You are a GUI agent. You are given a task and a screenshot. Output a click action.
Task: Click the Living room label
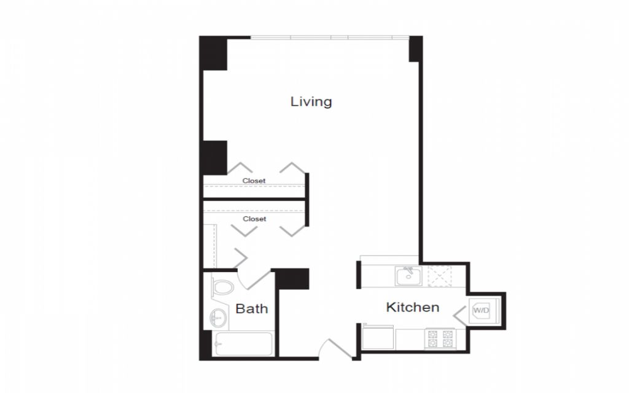click(311, 102)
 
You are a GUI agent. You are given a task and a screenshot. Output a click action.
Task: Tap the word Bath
click(251, 308)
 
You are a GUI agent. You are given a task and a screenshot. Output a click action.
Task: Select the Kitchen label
click(412, 307)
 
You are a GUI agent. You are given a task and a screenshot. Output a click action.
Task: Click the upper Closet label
click(254, 181)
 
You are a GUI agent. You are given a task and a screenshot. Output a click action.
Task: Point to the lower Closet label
click(254, 219)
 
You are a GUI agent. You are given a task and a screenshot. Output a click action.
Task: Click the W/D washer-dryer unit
click(483, 310)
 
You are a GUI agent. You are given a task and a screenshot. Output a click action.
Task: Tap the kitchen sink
click(408, 276)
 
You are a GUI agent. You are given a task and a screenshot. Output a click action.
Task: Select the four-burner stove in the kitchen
click(440, 339)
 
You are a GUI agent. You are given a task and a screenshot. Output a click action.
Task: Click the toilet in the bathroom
click(222, 287)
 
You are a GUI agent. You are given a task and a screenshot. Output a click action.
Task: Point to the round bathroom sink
click(218, 318)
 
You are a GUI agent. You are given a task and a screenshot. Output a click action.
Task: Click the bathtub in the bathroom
click(243, 344)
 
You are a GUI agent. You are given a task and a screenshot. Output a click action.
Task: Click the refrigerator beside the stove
click(378, 337)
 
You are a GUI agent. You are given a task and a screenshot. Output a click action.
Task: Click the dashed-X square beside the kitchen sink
click(440, 276)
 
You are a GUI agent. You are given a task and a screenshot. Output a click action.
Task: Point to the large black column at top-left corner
click(214, 53)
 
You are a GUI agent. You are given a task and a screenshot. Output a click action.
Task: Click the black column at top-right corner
click(416, 49)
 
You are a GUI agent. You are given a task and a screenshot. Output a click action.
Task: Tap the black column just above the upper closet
click(215, 158)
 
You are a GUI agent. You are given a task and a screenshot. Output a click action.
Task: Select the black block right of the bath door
click(292, 279)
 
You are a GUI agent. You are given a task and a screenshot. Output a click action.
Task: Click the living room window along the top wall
click(330, 37)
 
